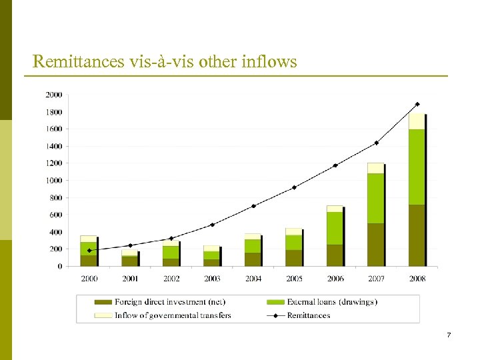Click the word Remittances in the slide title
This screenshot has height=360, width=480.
pyautogui.click(x=73, y=62)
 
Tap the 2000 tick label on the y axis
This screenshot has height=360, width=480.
pyautogui.click(x=54, y=95)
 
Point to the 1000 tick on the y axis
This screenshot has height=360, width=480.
pyautogui.click(x=54, y=181)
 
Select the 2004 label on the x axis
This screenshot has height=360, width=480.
pyautogui.click(x=253, y=278)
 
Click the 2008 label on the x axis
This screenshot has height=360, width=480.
pyautogui.click(x=417, y=278)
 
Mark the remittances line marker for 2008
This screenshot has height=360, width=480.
pyautogui.click(x=417, y=104)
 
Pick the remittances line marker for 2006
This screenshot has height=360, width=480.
pyautogui.click(x=335, y=165)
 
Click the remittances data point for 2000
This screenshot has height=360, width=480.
pyautogui.click(x=89, y=251)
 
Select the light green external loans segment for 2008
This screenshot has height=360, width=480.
pyautogui.click(x=416, y=167)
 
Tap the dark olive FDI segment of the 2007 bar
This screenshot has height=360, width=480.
pyautogui.click(x=375, y=245)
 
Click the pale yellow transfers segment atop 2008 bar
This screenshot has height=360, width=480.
pyautogui.click(x=416, y=121)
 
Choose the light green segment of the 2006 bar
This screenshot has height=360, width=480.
pyautogui.click(x=334, y=228)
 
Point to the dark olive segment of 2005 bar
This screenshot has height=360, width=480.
pyautogui.click(x=293, y=258)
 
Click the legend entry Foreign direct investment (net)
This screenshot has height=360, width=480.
pyautogui.click(x=169, y=302)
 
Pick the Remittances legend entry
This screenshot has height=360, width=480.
pyautogui.click(x=308, y=315)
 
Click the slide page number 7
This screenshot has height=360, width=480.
pyautogui.click(x=449, y=335)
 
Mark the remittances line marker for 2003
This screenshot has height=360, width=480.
pyautogui.click(x=212, y=225)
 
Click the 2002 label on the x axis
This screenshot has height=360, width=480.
pyautogui.click(x=171, y=278)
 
